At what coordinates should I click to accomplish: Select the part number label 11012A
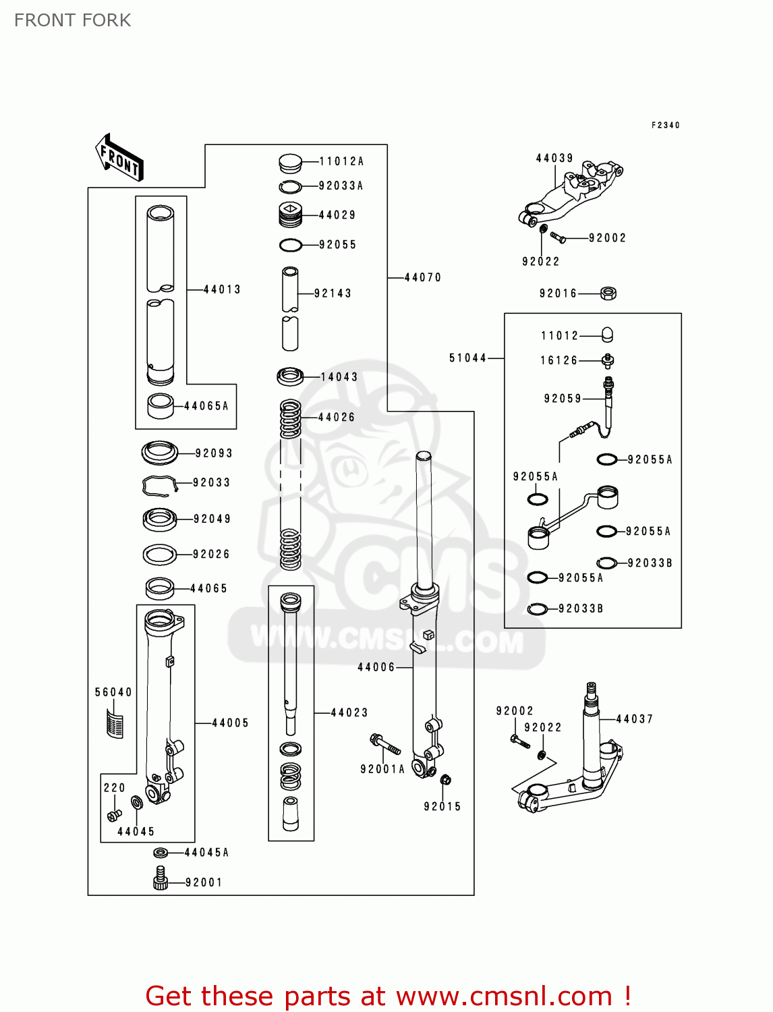click(341, 161)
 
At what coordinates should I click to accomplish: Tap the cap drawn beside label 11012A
click(290, 163)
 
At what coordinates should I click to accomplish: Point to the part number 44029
click(337, 215)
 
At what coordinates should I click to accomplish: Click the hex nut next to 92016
click(608, 293)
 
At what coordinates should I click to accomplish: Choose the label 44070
click(423, 277)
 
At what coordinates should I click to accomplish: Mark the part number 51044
click(467, 358)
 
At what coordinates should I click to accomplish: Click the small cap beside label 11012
click(607, 335)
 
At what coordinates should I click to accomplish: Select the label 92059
click(563, 399)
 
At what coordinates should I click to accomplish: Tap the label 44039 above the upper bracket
click(554, 158)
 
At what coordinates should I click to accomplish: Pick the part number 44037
click(635, 719)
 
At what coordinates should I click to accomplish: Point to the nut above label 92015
click(445, 781)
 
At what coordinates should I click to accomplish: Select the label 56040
click(113, 692)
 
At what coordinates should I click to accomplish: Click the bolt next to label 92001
click(160, 878)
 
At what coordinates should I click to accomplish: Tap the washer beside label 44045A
click(161, 853)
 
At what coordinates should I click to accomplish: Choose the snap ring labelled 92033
click(159, 484)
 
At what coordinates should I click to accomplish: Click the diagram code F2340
click(666, 125)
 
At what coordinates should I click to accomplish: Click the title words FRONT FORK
click(73, 20)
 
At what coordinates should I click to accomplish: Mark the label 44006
click(376, 667)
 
